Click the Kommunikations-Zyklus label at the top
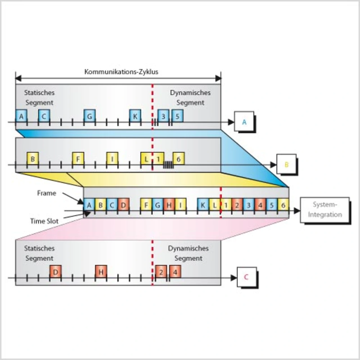(121, 72)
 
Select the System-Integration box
(325, 210)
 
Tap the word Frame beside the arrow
(47, 193)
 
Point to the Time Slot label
(44, 221)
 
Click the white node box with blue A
(244, 121)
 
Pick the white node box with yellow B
(286, 164)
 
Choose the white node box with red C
(247, 277)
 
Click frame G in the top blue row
(89, 116)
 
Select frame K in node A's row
(135, 116)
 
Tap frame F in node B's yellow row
(78, 159)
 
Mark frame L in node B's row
(146, 159)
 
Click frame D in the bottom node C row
(55, 272)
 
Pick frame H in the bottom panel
(101, 272)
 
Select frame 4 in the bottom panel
(175, 272)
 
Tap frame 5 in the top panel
(177, 116)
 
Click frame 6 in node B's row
(178, 159)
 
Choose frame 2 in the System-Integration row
(237, 205)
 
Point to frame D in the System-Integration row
(123, 205)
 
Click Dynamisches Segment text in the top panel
(190, 98)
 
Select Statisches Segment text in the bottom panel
(39, 253)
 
